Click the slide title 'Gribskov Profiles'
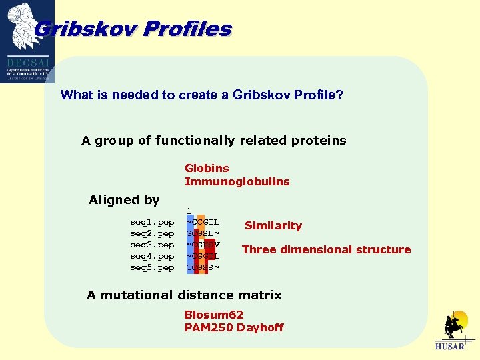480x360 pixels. (132, 29)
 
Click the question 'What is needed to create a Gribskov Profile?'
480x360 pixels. (202, 95)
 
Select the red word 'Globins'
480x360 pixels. (207, 168)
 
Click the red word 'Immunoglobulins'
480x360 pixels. (237, 181)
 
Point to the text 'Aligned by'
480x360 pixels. (124, 200)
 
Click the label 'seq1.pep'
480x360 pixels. (152, 222)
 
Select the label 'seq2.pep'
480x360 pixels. (152, 233)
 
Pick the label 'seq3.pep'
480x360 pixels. (152, 245)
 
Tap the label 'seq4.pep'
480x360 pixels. (152, 256)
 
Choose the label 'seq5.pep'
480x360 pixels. (152, 267)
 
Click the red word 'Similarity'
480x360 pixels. (273, 225)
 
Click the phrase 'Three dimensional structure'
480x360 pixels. (326, 249)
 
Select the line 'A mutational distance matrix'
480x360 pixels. (184, 295)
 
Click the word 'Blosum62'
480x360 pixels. (214, 315)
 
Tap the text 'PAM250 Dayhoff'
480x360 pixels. (234, 327)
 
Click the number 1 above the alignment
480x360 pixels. (189, 211)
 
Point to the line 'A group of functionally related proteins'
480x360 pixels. (214, 140)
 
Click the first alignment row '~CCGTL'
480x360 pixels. (203, 222)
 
